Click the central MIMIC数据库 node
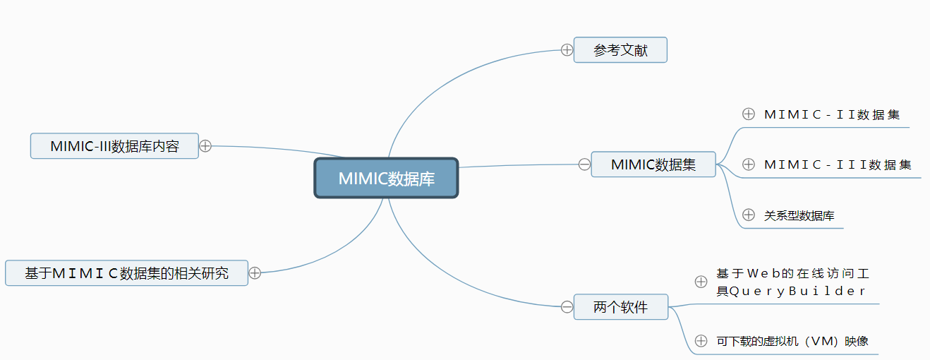pos(386,178)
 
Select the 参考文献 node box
pos(620,50)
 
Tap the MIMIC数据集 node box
pos(653,164)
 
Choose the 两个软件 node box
pos(620,307)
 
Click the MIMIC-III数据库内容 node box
pos(114,146)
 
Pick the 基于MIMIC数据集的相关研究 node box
pos(126,272)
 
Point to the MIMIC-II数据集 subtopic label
pos(832,114)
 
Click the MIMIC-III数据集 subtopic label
pos(838,164)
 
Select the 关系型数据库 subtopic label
pos(799,215)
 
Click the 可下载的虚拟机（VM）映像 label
pos(792,342)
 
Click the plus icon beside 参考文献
pos(567,49)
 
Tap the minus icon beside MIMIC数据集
pos(584,164)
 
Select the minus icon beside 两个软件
pos(567,307)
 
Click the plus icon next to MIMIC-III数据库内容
pos(205,146)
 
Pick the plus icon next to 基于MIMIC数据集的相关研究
pos(255,272)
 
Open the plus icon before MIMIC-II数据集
pos(749,114)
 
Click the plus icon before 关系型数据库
pos(749,215)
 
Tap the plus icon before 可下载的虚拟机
pos(701,341)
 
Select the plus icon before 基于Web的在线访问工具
pos(701,282)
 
